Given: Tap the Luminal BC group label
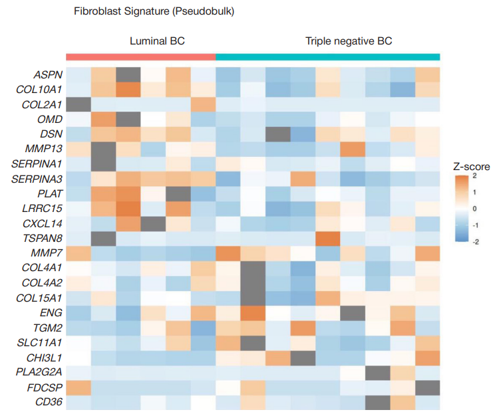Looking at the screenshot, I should pos(157,41).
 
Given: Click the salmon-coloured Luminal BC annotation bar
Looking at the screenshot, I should pos(140,56).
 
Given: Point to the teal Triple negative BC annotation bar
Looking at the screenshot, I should pos(327,56).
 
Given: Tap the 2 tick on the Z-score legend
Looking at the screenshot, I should pos(474,177).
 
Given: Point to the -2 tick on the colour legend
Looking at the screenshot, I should pos(475,242).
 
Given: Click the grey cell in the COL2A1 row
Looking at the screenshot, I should pos(79,104).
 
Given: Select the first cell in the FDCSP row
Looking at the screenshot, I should pos(79,387).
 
